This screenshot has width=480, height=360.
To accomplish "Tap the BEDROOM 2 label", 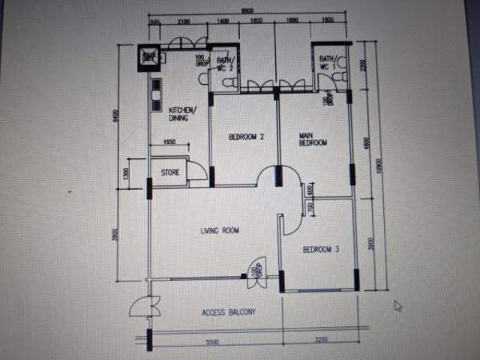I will (246, 136).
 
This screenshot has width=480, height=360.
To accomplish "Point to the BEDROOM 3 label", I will (321, 249).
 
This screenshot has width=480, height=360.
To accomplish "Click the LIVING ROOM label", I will (220, 231).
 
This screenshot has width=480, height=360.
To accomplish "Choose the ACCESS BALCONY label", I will (229, 312).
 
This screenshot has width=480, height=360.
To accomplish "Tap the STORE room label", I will (170, 172).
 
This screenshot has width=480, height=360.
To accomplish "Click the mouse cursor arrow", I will (397, 305).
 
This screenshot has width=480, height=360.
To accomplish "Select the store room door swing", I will (196, 170).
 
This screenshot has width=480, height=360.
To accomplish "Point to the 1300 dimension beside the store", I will (126, 174).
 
